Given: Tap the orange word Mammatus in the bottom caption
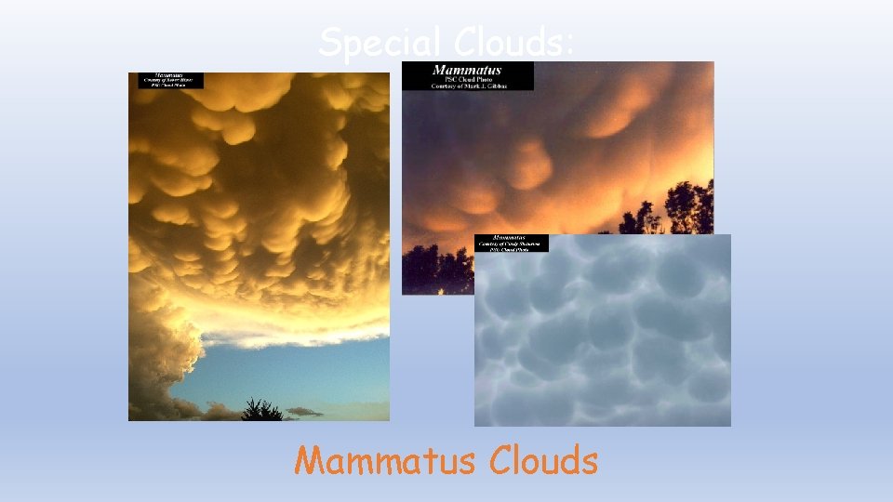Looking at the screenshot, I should pyautogui.click(x=384, y=460).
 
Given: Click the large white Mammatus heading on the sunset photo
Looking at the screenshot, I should pyautogui.click(x=467, y=70).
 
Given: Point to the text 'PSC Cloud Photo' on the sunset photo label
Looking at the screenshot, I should pyautogui.click(x=467, y=78).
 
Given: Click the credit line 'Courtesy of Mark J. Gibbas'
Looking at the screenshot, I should pyautogui.click(x=467, y=86).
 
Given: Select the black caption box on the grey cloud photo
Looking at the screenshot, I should pyautogui.click(x=511, y=243).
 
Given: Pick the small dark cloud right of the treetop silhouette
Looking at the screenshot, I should pyautogui.click(x=303, y=411).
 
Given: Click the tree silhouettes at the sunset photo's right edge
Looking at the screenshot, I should pyautogui.click(x=684, y=209).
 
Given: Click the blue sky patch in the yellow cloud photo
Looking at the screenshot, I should pyautogui.click(x=279, y=372).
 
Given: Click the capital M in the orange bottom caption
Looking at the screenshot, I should pyautogui.click(x=310, y=460).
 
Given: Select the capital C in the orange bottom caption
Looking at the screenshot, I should pyautogui.click(x=500, y=460).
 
